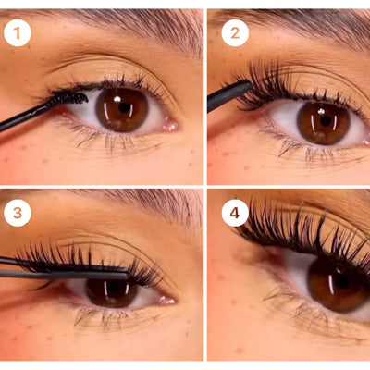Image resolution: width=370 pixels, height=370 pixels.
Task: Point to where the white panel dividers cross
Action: (x=204, y=187)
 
